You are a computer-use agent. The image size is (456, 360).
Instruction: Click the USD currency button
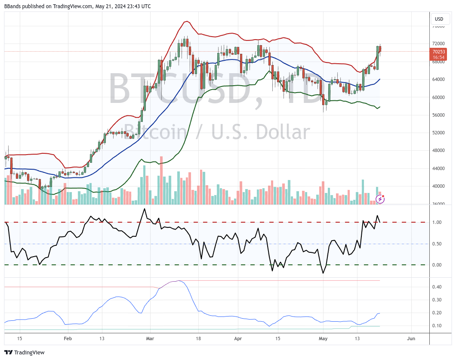[439, 19]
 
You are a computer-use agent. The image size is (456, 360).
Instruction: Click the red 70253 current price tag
[438, 52]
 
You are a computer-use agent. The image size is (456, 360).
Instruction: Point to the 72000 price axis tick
[438, 43]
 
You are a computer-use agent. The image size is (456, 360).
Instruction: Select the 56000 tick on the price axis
[438, 115]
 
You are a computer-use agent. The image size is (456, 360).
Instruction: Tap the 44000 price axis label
[438, 168]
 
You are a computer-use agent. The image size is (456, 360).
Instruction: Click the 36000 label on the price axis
[438, 204]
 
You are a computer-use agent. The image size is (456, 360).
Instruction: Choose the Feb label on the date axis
[68, 338]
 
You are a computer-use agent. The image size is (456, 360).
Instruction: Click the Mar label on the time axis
[149, 338]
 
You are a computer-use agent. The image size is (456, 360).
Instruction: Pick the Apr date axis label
[238, 338]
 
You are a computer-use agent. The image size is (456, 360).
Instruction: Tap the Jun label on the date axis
[411, 338]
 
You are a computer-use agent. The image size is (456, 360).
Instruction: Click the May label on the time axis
[323, 338]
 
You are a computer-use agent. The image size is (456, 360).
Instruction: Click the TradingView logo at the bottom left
[25, 352]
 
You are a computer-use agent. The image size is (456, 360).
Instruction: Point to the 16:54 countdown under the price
[438, 57]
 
